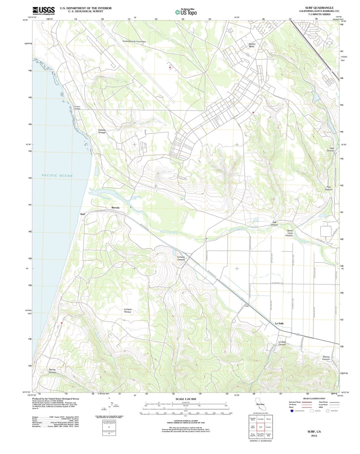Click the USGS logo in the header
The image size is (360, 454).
[x=44, y=10]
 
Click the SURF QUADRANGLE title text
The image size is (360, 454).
[x=319, y=8]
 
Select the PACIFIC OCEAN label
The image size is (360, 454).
[x=57, y=176]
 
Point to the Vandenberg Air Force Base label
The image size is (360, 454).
[x=134, y=41]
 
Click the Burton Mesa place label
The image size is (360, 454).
[x=252, y=45]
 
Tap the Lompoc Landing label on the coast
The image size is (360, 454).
[x=77, y=108]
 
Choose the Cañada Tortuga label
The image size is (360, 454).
[x=102, y=131]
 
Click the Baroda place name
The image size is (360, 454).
[x=115, y=208]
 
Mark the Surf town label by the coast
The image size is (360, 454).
[x=82, y=214]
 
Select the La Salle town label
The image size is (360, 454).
[x=279, y=323]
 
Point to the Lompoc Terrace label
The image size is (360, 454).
[x=128, y=310]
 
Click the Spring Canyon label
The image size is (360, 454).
[x=52, y=371]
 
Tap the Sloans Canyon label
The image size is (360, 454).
[x=326, y=358]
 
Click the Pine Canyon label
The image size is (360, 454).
[x=328, y=188]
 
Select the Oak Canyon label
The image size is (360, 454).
[x=274, y=224]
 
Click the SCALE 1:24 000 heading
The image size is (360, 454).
[x=186, y=399]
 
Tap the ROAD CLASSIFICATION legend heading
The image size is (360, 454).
[x=314, y=398]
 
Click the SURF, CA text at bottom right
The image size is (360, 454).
[x=314, y=432]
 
